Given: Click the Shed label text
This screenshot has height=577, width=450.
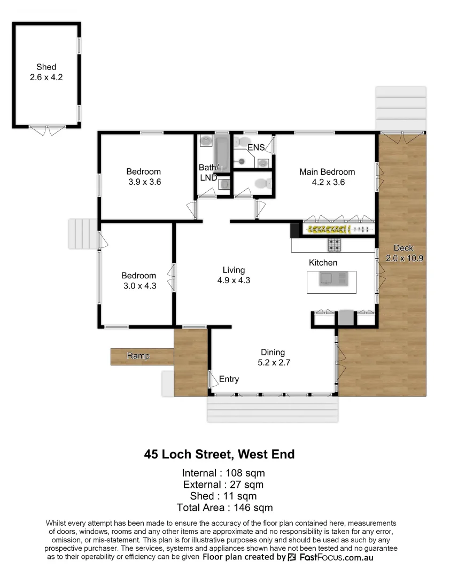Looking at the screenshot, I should coord(46,67).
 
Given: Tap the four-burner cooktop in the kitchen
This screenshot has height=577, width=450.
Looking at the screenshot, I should coord(335,245).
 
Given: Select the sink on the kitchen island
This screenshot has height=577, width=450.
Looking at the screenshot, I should coord(326,278).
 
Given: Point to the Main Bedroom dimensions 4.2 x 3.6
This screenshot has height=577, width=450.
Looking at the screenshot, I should coord(327,182).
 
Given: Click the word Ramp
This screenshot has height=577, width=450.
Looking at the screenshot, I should coord(138,356).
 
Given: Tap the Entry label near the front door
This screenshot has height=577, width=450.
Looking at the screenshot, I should coord(229,379).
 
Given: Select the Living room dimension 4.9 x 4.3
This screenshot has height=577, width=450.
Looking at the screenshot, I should coord(234,280).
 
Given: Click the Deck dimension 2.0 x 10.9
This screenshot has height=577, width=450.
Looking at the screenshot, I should coord(405,258).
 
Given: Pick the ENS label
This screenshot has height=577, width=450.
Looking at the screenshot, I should coord(255,147).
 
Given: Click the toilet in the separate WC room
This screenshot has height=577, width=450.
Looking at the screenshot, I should coord(261,183).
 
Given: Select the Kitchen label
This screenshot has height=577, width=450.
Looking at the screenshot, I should coord(323,262).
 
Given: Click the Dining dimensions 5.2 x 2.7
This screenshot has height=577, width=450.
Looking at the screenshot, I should coord(273,362).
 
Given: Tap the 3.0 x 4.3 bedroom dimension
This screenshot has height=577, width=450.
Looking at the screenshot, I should coord(138,285).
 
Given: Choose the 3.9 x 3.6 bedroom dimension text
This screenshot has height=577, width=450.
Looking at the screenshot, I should coord(144,182).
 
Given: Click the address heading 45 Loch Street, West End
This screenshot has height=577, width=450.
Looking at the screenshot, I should coord(219,455).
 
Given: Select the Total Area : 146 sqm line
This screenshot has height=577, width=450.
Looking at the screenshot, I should coord(224,508).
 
